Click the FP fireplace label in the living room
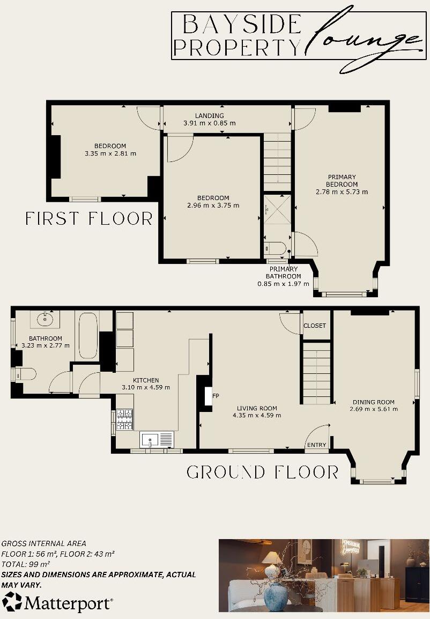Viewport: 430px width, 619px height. point(216,396)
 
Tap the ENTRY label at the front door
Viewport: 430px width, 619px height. point(316,445)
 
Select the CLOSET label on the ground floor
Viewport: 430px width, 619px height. point(315,326)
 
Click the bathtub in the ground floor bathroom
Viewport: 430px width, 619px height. point(88,336)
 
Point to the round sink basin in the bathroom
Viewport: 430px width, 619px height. point(45,320)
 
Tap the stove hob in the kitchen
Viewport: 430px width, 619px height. point(124,419)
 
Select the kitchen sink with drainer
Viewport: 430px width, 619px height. point(157,440)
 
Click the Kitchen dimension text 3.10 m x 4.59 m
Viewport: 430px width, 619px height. point(146,387)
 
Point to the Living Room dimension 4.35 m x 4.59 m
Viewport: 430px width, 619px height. point(257,415)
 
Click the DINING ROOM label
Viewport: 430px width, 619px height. point(373,402)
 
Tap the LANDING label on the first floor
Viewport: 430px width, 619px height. point(209,116)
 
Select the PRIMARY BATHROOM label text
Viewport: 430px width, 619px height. point(284,272)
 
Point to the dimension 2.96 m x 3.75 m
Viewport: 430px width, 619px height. point(213,205)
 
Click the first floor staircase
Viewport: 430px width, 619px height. point(277,161)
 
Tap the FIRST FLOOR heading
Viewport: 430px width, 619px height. point(89,219)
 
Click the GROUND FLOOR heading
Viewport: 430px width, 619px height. point(262,472)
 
